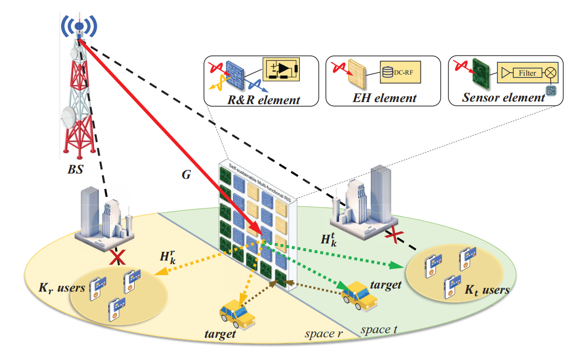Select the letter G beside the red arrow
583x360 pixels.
click(186, 175)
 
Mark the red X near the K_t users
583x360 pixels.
click(396, 237)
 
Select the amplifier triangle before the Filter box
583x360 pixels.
click(505, 74)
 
